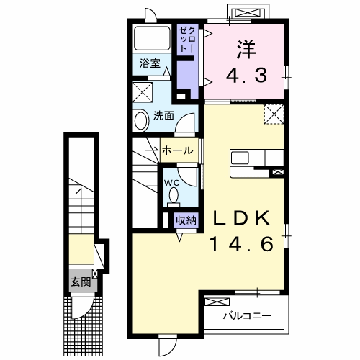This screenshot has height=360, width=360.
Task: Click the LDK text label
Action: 241,218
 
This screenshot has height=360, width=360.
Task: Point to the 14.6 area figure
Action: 241,245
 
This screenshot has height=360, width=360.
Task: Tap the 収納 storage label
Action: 184,221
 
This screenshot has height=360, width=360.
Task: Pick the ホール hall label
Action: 177,150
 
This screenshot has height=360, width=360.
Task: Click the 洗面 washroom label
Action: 163,116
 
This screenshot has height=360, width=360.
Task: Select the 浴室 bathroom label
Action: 150,63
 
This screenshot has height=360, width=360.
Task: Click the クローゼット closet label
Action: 186,39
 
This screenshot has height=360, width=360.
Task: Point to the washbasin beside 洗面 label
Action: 140,120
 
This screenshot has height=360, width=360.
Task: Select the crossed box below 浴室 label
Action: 143,93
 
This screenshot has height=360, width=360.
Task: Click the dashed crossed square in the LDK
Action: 273,114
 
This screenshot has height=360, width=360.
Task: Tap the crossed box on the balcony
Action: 216,303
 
